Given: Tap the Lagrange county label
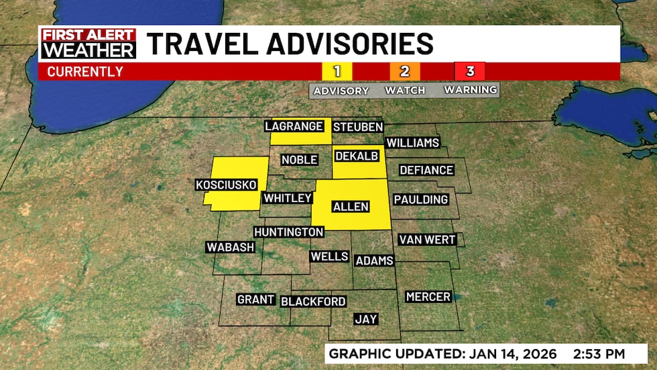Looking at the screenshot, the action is click(294, 126).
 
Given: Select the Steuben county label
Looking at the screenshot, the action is click(358, 127).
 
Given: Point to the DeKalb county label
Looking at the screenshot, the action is click(357, 156).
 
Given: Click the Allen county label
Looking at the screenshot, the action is click(351, 206).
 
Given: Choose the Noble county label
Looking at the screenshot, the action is click(299, 160).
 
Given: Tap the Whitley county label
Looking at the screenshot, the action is click(288, 198).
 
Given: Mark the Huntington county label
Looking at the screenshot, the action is click(289, 232).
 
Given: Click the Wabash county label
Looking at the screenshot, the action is click(231, 247).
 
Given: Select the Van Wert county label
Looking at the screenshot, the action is click(427, 240).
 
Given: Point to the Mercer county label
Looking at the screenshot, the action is click(428, 297).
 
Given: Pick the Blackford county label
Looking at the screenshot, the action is click(313, 302).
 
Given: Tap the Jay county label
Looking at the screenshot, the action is click(365, 320).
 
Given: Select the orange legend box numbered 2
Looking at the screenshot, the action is click(405, 71).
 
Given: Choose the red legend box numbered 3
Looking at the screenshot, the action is click(470, 71).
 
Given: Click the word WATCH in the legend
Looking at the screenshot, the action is click(405, 90).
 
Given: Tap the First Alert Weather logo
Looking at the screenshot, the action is click(88, 44).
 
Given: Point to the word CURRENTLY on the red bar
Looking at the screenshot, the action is click(85, 71).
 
